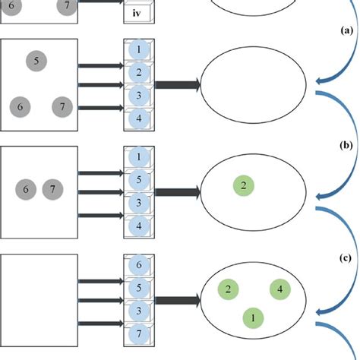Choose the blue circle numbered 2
[137, 73]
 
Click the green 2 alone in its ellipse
[242, 185]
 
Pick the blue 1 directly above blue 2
[137, 51]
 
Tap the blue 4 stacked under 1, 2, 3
[137, 118]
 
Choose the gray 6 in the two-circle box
[26, 188]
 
